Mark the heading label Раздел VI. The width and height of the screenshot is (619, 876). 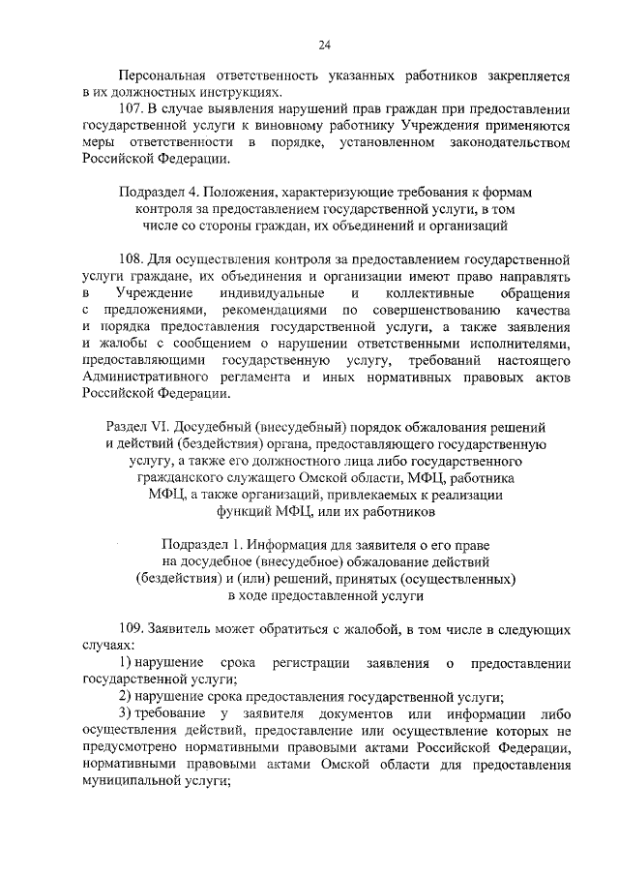point(133,427)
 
